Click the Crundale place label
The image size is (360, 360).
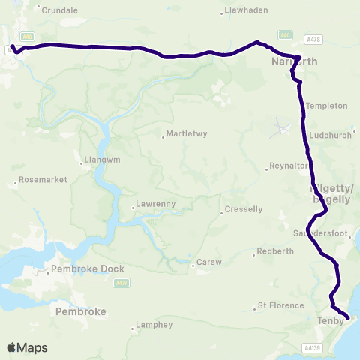pyautogui.click(x=60, y=10)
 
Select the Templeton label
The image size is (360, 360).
pyautogui.click(x=326, y=106)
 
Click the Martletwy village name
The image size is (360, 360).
pyautogui.click(x=184, y=136)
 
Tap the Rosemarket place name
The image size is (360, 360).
pyautogui.click(x=43, y=180)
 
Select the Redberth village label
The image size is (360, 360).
pyautogui.click(x=270, y=251)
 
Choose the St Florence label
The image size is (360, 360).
pyautogui.click(x=280, y=305)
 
